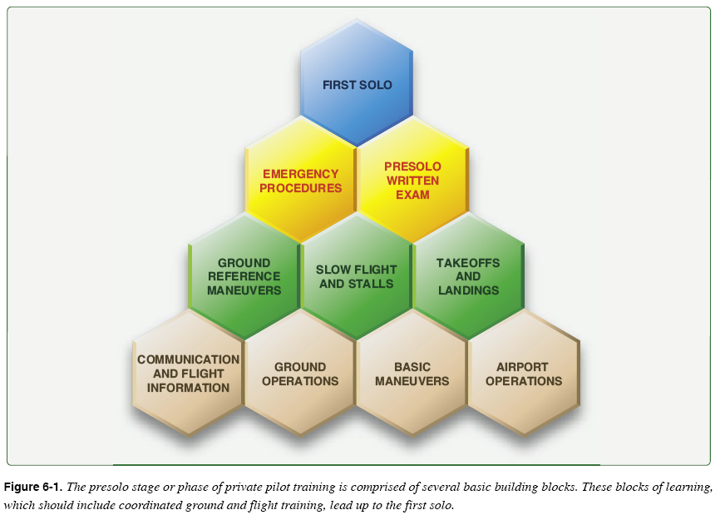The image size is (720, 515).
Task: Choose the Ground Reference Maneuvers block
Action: click(x=244, y=277)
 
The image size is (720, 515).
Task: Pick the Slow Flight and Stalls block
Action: click(x=357, y=277)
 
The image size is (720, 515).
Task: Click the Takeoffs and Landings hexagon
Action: click(x=468, y=277)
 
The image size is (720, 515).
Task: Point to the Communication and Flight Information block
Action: click(x=189, y=374)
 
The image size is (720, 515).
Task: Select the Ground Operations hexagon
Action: click(x=300, y=374)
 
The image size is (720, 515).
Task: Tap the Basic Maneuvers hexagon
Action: click(x=412, y=374)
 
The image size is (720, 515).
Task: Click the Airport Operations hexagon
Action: click(x=524, y=374)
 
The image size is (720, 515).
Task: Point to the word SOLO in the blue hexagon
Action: click(x=376, y=85)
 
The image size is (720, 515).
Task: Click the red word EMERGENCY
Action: click(x=301, y=174)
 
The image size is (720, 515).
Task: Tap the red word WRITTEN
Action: click(x=412, y=181)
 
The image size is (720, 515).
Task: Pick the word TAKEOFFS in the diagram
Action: click(x=468, y=263)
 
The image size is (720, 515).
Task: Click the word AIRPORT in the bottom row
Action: click(x=524, y=367)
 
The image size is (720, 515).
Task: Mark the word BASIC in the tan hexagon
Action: click(x=412, y=367)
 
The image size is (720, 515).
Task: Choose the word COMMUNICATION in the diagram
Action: click(x=189, y=359)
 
